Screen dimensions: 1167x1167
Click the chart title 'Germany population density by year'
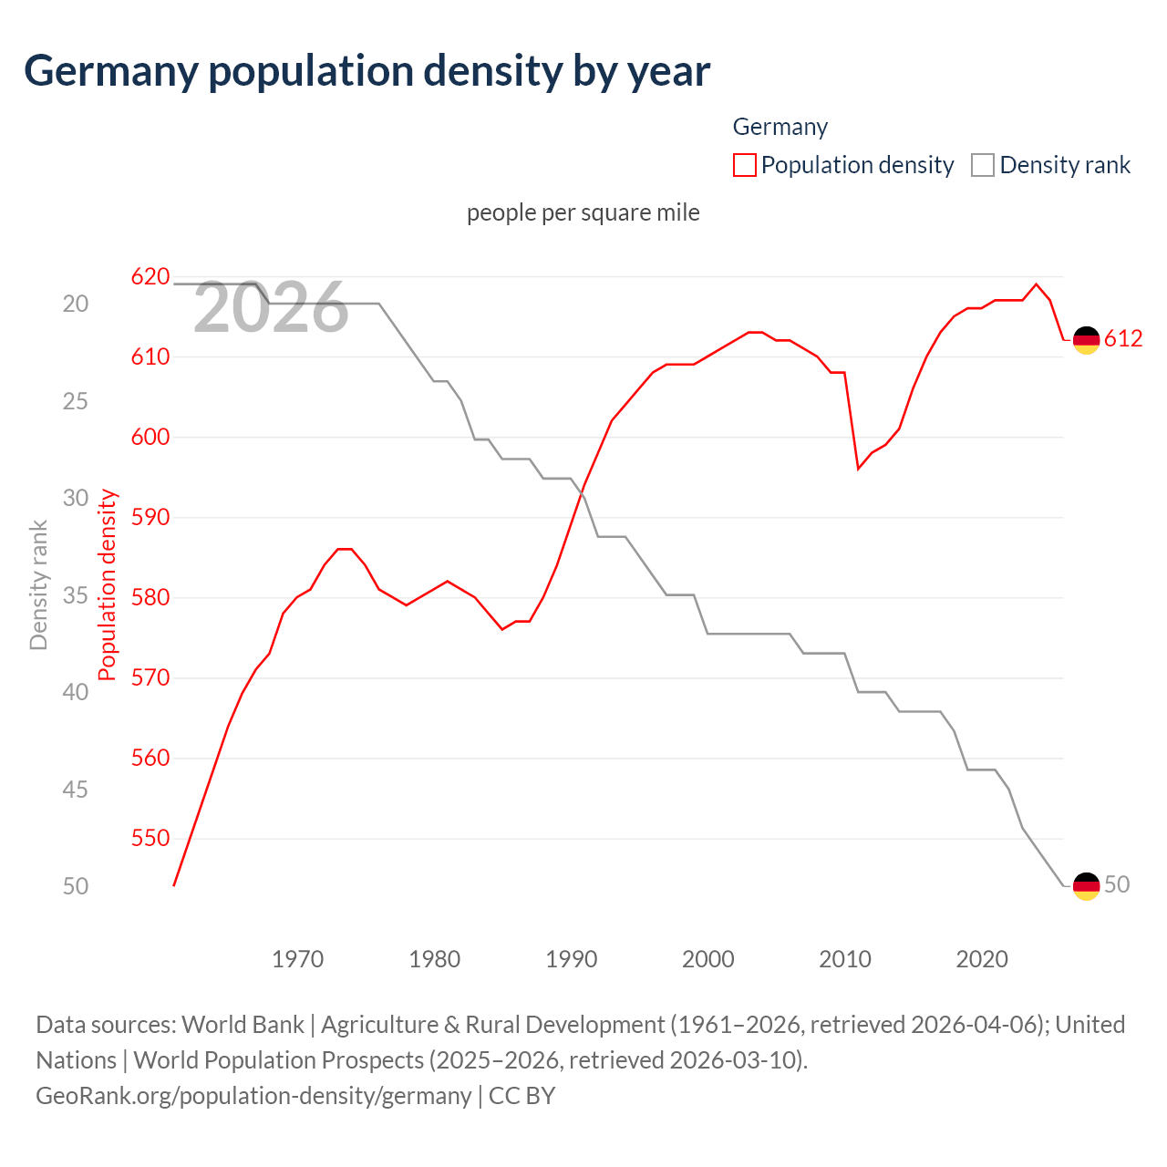point(367,71)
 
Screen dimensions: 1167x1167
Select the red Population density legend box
point(745,165)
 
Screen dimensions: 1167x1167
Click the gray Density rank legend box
point(982,165)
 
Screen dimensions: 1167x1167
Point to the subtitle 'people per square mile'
point(583,212)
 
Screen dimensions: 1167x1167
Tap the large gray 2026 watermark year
point(271,308)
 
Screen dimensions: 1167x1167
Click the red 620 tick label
point(150,276)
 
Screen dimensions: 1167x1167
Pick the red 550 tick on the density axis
point(150,838)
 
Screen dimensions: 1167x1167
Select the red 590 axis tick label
point(150,517)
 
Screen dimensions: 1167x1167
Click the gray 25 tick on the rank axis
point(76,400)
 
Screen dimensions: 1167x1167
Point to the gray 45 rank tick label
point(76,789)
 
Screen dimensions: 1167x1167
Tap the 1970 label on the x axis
point(298,959)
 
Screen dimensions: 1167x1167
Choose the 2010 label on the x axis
point(845,959)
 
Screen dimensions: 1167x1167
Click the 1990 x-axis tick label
point(572,959)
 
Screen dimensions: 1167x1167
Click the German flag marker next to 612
point(1086,340)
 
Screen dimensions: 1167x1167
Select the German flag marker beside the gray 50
point(1086,885)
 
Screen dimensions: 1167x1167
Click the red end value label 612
point(1123,339)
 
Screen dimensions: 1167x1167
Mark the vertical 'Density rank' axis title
point(38,584)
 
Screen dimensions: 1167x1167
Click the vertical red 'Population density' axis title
point(108,584)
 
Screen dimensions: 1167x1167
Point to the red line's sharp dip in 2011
point(858,469)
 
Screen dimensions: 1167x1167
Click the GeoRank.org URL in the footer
point(253,1095)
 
